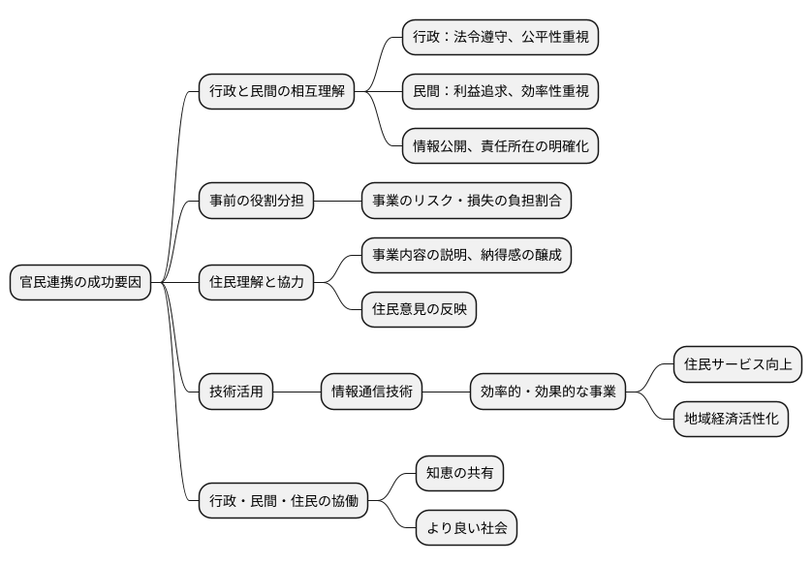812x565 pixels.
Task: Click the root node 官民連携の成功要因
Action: (80, 283)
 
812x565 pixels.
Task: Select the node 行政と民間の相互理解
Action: (275, 92)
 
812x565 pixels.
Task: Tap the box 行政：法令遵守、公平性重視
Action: (501, 38)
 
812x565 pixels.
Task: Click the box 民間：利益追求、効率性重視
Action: (501, 92)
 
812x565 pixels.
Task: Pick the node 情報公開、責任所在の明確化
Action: (501, 146)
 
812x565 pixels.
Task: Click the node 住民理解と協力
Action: (256, 283)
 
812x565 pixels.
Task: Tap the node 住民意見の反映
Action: (419, 310)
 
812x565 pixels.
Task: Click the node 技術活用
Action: (235, 392)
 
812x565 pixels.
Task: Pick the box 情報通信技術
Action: (372, 392)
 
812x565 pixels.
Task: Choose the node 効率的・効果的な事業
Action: (547, 392)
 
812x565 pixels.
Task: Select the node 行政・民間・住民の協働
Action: (283, 501)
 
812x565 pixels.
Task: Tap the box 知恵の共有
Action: (459, 474)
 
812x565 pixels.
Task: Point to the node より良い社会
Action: (465, 528)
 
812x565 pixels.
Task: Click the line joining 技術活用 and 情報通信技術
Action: (297, 392)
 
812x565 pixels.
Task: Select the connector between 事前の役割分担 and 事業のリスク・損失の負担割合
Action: (337, 201)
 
